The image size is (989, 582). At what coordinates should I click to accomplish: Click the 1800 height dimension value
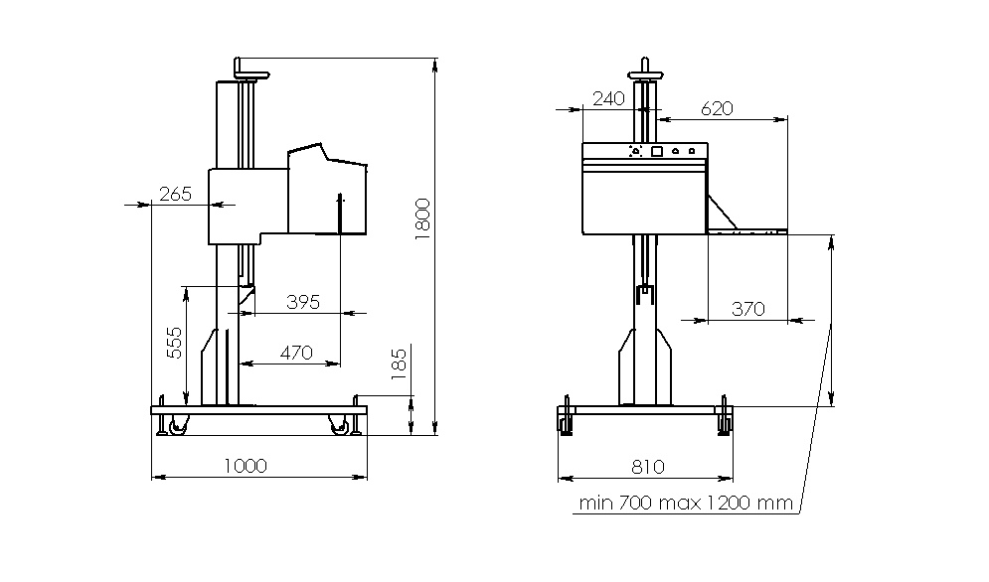(422, 218)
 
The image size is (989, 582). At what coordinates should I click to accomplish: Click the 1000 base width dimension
(246, 466)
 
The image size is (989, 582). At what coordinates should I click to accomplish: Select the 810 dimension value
(648, 467)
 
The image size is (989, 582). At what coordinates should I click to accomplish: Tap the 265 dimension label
(175, 194)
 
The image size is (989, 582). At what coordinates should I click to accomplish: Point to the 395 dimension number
(303, 302)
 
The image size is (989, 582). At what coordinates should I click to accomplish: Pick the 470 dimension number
(296, 353)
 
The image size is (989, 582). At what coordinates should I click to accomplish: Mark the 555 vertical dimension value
(174, 343)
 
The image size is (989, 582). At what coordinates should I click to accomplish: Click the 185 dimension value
(399, 364)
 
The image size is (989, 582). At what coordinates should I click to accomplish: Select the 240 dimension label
(608, 98)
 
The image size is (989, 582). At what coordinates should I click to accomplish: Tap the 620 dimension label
(718, 108)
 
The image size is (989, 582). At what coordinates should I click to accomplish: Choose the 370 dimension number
(748, 309)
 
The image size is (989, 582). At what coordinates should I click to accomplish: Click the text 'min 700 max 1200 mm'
(686, 503)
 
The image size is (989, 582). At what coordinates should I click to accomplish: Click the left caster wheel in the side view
(177, 425)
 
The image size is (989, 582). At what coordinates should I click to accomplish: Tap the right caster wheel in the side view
(339, 425)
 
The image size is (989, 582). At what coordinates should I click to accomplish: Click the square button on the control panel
(657, 151)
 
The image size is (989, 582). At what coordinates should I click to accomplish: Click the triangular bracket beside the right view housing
(723, 213)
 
